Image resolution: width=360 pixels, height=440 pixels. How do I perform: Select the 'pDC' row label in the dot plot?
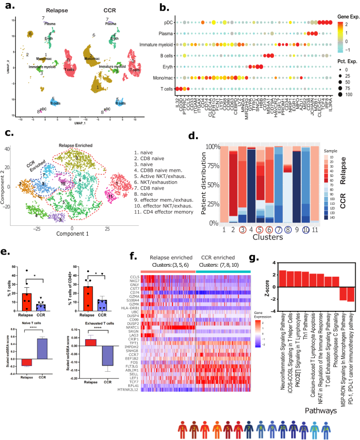(167, 22)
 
